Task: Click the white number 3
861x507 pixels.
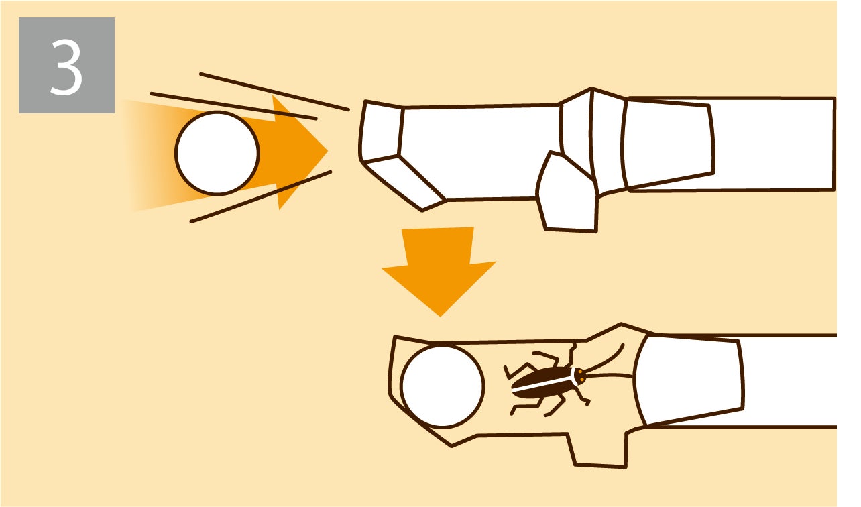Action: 66,68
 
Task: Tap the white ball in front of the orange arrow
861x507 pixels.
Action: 217,153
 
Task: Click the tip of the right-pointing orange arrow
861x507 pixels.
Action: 327,151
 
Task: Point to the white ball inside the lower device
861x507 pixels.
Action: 443,386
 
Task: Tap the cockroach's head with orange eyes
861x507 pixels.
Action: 579,376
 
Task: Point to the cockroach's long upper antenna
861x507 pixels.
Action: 606,359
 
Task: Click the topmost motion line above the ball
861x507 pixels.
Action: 274,91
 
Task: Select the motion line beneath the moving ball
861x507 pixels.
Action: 261,196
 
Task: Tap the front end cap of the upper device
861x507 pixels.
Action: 380,131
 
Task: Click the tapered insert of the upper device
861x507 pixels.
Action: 668,144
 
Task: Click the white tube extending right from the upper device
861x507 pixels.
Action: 772,144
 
